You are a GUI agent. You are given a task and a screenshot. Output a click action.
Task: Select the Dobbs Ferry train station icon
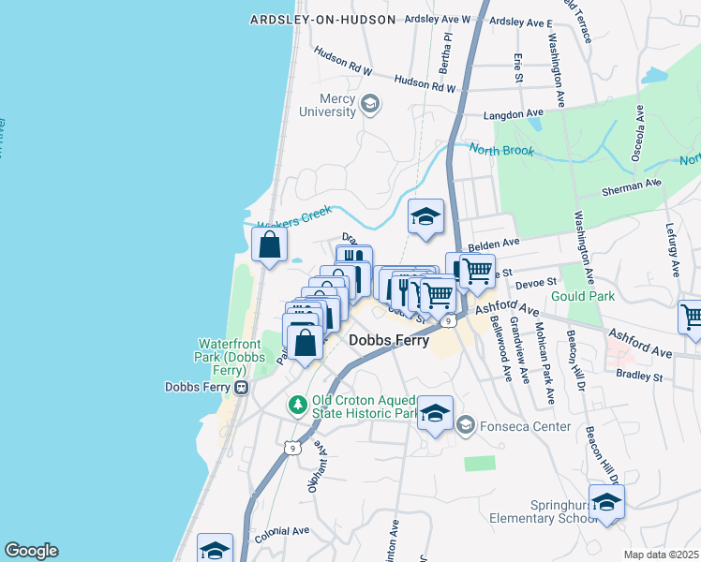[x=242, y=386]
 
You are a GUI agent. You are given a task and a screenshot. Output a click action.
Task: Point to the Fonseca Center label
[x=526, y=426]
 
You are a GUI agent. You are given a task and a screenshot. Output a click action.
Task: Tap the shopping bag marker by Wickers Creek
[x=270, y=245]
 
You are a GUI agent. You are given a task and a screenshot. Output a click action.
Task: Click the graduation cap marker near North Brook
[x=425, y=217]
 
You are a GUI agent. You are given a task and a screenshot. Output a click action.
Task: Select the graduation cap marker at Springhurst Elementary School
[x=606, y=502]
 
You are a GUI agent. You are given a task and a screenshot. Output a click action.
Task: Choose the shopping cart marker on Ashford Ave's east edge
[x=691, y=318]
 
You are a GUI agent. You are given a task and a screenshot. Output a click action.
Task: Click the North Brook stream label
[x=501, y=150]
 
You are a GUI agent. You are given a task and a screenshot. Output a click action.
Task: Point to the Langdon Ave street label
[x=514, y=115]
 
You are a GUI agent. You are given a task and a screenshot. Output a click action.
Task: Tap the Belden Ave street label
[x=500, y=242]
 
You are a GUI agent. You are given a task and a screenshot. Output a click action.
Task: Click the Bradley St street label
[x=639, y=377]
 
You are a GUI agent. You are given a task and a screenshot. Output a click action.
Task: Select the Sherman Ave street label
[x=632, y=185]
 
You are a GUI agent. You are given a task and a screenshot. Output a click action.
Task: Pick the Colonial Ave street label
[x=282, y=530]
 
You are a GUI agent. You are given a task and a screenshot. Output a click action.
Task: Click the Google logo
[x=31, y=551]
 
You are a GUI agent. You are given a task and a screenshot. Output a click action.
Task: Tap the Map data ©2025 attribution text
[x=661, y=555]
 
